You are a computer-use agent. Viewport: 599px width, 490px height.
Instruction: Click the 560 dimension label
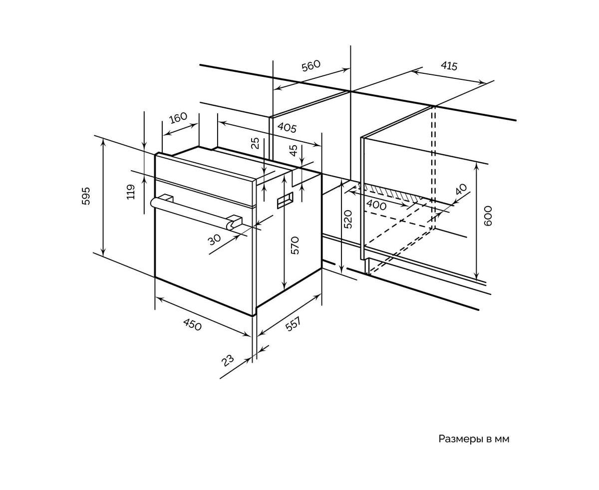click(310, 66)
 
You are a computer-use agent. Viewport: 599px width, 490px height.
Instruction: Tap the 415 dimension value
click(449, 65)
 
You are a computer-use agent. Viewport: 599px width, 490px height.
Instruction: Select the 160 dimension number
click(178, 118)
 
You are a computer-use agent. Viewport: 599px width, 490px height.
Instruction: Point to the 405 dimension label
click(287, 127)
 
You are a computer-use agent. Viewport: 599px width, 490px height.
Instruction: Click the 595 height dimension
click(86, 196)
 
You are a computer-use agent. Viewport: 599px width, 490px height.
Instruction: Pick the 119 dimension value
click(131, 192)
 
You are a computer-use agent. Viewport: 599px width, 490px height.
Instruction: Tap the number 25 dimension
click(256, 144)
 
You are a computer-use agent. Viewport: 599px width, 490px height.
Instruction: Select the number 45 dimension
click(294, 149)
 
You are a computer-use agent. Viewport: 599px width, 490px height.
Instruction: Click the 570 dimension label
click(295, 245)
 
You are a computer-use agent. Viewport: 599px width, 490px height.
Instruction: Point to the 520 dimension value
click(348, 219)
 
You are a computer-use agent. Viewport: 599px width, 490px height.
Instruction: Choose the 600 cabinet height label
click(488, 216)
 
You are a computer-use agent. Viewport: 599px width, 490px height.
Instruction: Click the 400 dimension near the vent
click(376, 205)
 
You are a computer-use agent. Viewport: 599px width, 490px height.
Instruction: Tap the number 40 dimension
click(461, 189)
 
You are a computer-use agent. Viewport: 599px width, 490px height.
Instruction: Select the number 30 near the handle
click(214, 240)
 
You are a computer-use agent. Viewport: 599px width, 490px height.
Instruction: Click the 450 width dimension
click(192, 324)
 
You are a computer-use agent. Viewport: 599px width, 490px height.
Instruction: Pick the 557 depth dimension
click(293, 324)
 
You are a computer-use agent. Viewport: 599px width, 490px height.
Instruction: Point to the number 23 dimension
click(228, 360)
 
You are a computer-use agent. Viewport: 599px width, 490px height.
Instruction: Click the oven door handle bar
click(195, 211)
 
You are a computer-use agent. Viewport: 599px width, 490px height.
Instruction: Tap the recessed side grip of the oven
click(285, 200)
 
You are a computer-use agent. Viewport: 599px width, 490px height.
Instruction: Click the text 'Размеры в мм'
click(474, 439)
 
